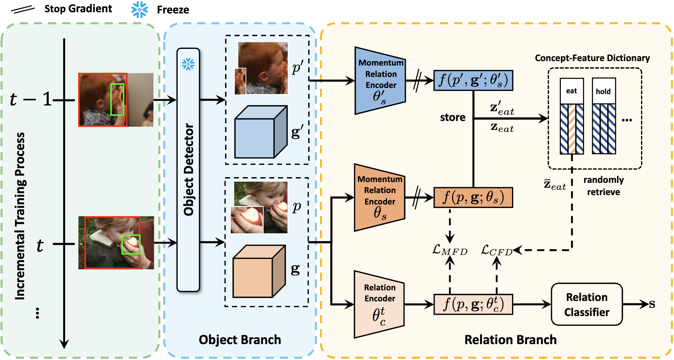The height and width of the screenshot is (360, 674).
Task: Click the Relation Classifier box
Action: click(x=586, y=304)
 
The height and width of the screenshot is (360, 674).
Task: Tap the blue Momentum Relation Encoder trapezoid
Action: click(x=380, y=81)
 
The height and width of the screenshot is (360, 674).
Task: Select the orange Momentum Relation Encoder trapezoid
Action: click(x=379, y=198)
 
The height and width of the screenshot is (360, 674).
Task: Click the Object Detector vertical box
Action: click(x=188, y=169)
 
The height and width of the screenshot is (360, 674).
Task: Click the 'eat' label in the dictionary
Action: click(x=571, y=91)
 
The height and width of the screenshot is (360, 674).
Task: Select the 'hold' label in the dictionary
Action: click(x=603, y=92)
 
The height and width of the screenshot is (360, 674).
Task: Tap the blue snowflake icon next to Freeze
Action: click(x=140, y=9)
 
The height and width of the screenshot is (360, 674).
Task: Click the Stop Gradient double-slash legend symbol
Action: click(x=22, y=9)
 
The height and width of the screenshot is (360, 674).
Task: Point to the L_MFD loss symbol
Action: click(x=449, y=250)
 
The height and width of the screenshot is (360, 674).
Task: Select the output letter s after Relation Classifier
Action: click(x=652, y=304)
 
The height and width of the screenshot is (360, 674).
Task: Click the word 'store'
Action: click(x=453, y=117)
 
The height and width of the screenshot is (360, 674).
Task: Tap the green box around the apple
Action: click(x=131, y=244)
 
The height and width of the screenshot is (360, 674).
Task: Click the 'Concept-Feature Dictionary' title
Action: click(x=592, y=58)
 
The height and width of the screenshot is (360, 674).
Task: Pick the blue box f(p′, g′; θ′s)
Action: click(x=473, y=80)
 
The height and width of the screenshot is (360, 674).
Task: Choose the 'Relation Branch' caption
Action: click(x=510, y=340)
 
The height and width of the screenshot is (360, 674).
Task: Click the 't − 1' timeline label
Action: click(x=31, y=99)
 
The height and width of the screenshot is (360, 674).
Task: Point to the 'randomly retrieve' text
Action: click(x=603, y=186)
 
